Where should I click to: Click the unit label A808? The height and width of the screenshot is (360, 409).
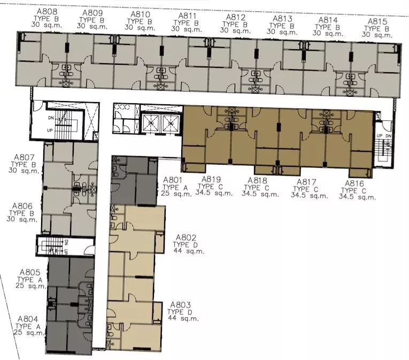click(x=47, y=12)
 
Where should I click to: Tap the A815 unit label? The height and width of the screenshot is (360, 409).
click(x=377, y=21)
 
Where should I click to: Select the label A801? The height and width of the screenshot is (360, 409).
click(x=172, y=180)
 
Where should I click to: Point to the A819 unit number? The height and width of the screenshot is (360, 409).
click(x=211, y=179)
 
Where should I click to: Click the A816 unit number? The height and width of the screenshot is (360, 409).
click(x=354, y=183)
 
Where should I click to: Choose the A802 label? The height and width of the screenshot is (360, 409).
click(x=186, y=238)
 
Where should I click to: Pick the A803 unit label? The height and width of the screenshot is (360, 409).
click(x=181, y=305)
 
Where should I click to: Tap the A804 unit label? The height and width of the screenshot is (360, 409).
click(x=28, y=319)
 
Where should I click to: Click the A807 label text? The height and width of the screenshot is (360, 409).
click(x=24, y=157)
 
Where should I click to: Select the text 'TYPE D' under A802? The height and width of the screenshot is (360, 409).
click(x=185, y=244)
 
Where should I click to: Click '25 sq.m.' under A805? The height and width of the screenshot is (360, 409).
click(x=30, y=286)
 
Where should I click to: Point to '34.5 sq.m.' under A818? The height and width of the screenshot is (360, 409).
click(x=260, y=194)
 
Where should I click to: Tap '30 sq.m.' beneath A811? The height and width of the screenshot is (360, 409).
click(x=186, y=29)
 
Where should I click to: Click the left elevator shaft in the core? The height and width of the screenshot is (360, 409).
click(x=150, y=123)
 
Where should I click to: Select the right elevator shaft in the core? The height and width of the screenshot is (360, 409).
click(x=171, y=123)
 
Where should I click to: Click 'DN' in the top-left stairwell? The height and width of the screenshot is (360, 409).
click(x=51, y=118)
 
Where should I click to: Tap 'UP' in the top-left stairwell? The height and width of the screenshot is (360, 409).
click(x=50, y=130)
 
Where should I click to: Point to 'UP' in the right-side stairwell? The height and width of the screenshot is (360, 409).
click(x=380, y=136)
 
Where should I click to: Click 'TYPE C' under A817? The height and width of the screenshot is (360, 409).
click(x=305, y=189)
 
